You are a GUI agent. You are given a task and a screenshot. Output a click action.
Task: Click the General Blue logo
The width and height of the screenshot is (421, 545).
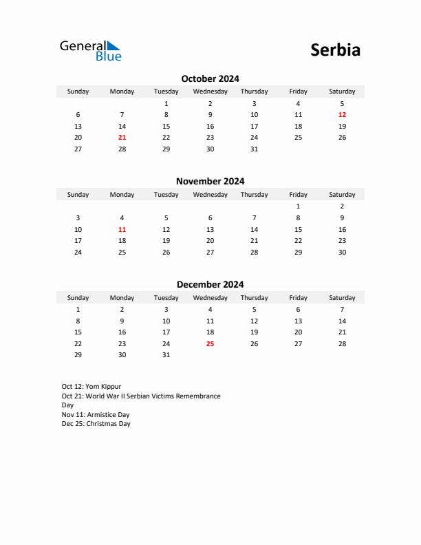click(x=90, y=50)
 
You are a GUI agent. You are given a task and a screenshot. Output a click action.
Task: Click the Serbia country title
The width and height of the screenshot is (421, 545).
click(x=335, y=50)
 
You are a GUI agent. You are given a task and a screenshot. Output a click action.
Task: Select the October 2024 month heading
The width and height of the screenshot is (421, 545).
click(x=210, y=78)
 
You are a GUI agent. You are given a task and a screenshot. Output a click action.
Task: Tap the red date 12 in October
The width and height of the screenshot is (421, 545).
click(x=342, y=115)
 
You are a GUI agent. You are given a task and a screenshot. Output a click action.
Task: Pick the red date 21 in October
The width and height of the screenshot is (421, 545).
click(x=122, y=137)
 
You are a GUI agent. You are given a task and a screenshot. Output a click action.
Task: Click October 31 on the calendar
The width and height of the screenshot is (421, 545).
click(x=254, y=149)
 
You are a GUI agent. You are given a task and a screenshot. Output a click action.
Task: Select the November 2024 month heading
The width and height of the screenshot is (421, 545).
click(x=210, y=182)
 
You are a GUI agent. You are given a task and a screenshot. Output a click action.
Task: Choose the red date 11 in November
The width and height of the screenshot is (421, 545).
click(x=122, y=229)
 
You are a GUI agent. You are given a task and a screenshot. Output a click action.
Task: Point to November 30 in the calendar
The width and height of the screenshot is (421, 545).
click(x=342, y=252)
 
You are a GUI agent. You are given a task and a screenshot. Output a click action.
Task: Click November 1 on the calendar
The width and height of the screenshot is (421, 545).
click(x=298, y=206)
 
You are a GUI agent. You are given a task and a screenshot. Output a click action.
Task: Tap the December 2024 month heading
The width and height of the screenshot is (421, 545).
click(x=210, y=284)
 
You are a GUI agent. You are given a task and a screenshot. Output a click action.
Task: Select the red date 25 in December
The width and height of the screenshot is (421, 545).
click(x=210, y=343)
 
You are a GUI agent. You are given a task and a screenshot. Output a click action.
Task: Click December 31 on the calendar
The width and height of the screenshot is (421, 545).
click(x=166, y=355)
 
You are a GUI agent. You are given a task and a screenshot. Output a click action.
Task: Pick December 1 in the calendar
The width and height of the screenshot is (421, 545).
click(x=78, y=310)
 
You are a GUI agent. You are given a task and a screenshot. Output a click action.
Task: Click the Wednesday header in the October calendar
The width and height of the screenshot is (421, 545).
click(x=210, y=92)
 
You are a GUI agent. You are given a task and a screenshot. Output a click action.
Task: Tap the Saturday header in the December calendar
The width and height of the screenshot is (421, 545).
click(x=342, y=298)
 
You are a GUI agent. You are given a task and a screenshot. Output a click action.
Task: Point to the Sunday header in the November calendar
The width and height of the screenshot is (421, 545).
click(x=78, y=195)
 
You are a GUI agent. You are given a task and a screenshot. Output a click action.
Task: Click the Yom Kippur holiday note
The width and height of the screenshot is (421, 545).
click(x=91, y=387)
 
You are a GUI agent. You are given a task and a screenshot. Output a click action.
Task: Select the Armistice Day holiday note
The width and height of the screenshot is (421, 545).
click(x=96, y=415)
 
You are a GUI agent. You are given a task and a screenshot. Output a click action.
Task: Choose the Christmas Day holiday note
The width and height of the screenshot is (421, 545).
click(x=96, y=424)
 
